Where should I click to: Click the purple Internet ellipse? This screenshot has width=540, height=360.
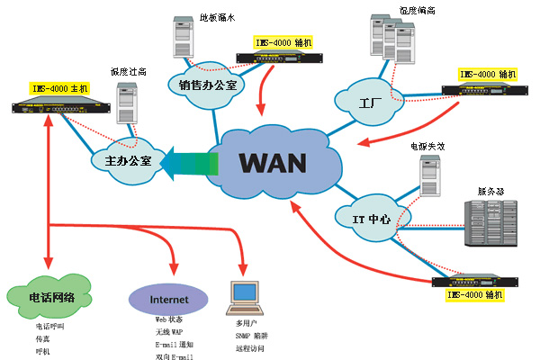[x=170, y=297]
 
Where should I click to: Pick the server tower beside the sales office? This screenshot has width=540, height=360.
[x=184, y=41]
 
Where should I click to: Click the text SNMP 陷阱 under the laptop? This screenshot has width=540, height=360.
[x=255, y=335]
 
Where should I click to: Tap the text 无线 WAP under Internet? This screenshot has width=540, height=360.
[x=169, y=332]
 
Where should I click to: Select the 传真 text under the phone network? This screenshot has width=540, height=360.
[x=43, y=339]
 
